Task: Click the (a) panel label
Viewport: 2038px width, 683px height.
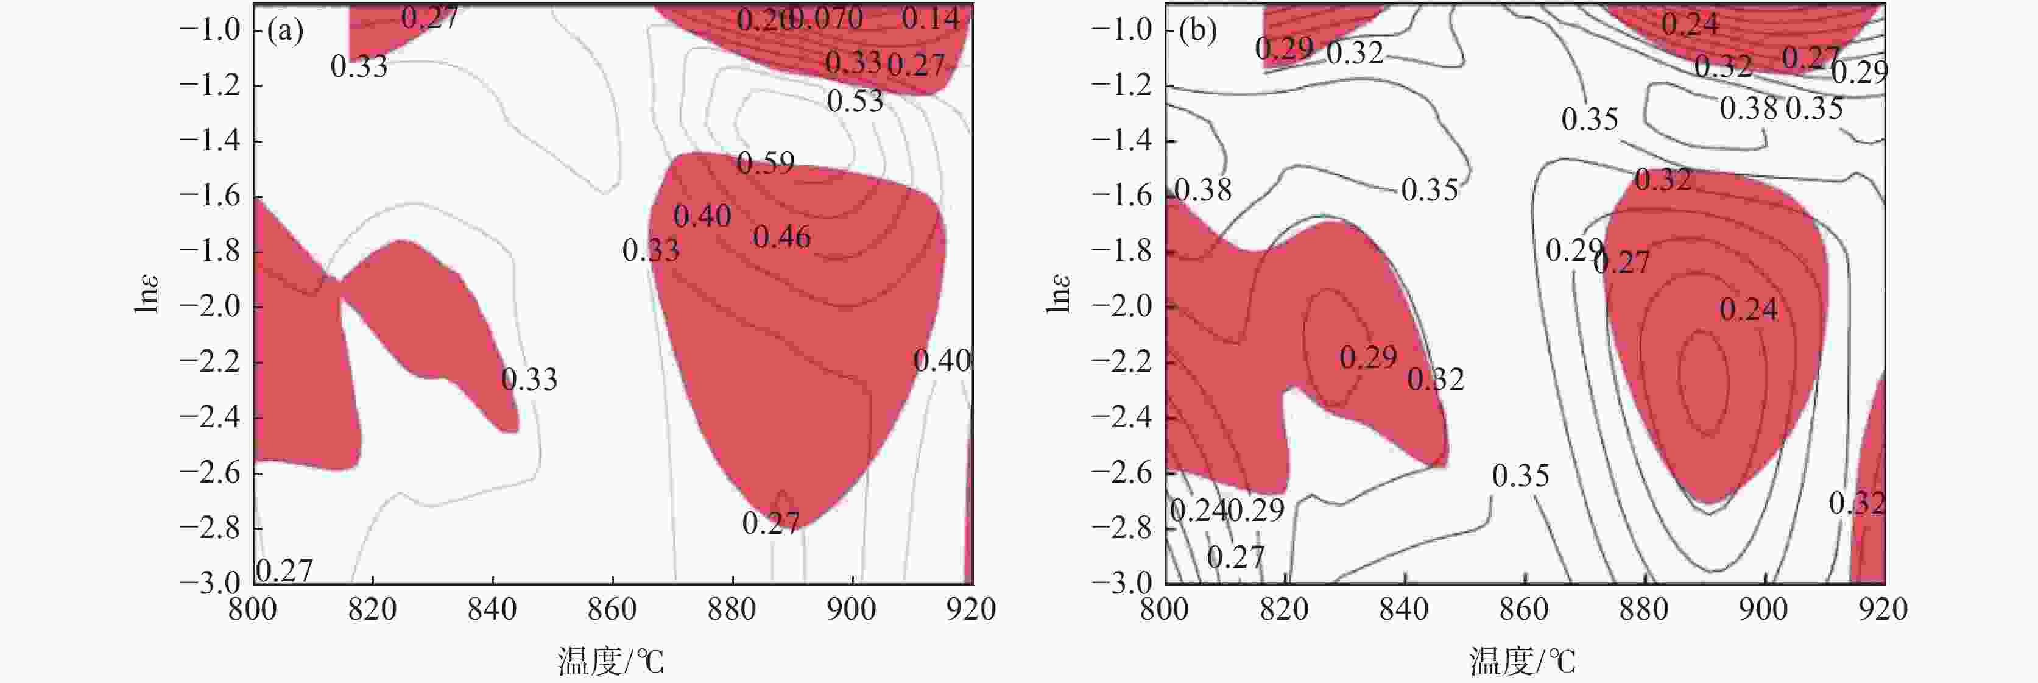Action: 285,31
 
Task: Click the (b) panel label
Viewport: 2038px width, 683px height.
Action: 1197,31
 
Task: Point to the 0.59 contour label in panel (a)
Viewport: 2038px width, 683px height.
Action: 765,163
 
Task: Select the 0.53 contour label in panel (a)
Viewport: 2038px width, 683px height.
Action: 855,101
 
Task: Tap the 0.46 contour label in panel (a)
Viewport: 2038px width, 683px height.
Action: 781,236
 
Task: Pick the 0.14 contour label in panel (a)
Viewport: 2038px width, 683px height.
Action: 931,18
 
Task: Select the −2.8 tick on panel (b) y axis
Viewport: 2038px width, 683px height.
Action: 1121,528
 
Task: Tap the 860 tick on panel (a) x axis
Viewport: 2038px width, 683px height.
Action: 612,609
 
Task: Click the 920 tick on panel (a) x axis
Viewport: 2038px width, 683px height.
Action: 971,609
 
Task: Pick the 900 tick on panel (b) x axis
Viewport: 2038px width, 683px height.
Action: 1763,609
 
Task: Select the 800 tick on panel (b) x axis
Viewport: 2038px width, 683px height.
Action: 1165,609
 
